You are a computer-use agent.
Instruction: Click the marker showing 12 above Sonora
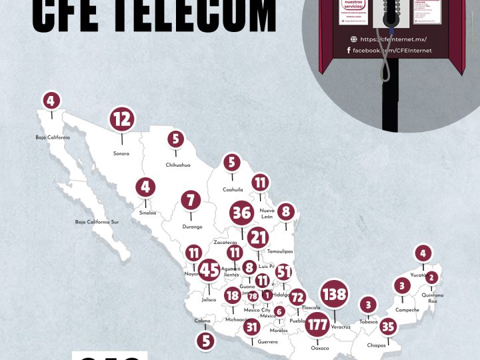coord(122,119)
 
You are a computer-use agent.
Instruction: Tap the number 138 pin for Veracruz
coord(333,294)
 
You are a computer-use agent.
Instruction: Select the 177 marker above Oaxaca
coord(319,325)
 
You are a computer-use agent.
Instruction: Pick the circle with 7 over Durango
coord(191,200)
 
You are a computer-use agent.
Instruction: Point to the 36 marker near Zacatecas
coord(241,214)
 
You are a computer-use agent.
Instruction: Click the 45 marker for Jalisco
coord(209,270)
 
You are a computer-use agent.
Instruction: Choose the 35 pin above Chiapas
coord(389,327)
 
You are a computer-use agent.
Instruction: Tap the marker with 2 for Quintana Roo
coord(431,277)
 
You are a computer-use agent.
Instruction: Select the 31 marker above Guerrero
coord(251,327)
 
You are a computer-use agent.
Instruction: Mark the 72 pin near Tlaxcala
coord(297,297)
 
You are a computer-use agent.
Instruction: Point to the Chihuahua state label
coord(178,165)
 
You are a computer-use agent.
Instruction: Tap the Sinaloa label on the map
coord(147,213)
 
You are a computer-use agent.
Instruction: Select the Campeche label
coord(407,310)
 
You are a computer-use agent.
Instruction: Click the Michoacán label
coord(238,319)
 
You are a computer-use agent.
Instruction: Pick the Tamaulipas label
coord(279,251)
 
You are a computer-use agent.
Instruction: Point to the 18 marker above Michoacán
coord(233,296)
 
